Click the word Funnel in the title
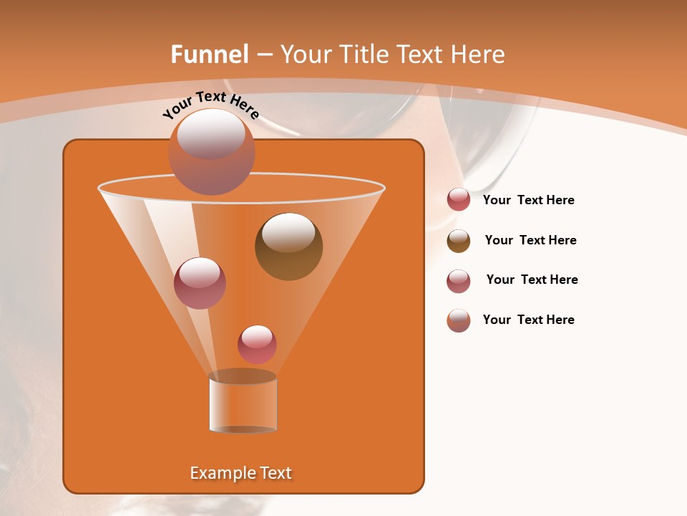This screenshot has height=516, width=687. click(x=209, y=54)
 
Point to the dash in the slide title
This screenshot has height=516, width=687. click(x=264, y=55)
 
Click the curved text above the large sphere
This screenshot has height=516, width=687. click(x=210, y=105)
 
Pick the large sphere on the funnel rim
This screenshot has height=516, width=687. click(x=211, y=152)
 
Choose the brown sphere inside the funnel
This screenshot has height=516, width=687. click(x=288, y=247)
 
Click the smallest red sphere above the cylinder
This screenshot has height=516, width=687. click(x=257, y=345)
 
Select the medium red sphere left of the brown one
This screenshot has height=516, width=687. click(x=200, y=283)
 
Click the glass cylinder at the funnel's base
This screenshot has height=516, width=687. click(x=243, y=405)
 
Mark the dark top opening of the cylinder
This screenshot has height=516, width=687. click(x=243, y=376)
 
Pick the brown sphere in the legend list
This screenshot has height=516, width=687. click(x=459, y=241)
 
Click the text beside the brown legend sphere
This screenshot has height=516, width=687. click(x=530, y=240)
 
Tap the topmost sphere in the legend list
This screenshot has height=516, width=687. click(x=459, y=200)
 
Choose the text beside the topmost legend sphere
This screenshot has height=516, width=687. click(x=528, y=200)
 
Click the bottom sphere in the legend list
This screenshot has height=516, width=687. click(x=459, y=320)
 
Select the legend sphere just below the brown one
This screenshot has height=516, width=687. click(x=459, y=281)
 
